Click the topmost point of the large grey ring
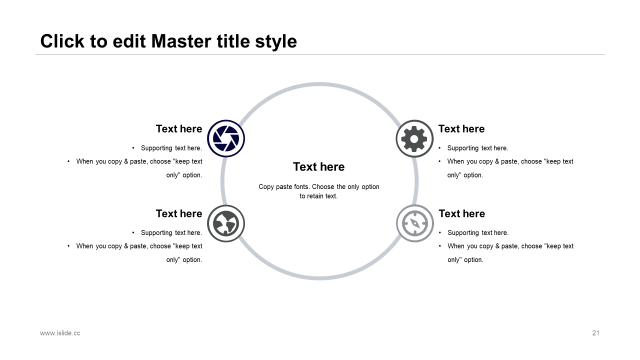[319, 84]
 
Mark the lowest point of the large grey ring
[319, 278]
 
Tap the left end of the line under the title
[35, 54]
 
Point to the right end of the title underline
[605, 54]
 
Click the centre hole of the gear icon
[414, 139]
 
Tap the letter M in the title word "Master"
[159, 41]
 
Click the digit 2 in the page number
[594, 333]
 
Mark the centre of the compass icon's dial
[415, 223]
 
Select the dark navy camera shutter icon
[226, 138]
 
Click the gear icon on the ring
[414, 138]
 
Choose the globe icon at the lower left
[226, 223]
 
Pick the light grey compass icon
[415, 223]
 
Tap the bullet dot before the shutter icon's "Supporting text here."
[133, 148]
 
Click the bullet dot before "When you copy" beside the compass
[439, 246]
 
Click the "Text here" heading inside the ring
[319, 167]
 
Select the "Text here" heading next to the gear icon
[461, 129]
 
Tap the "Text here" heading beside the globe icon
[179, 213]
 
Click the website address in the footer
[60, 333]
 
